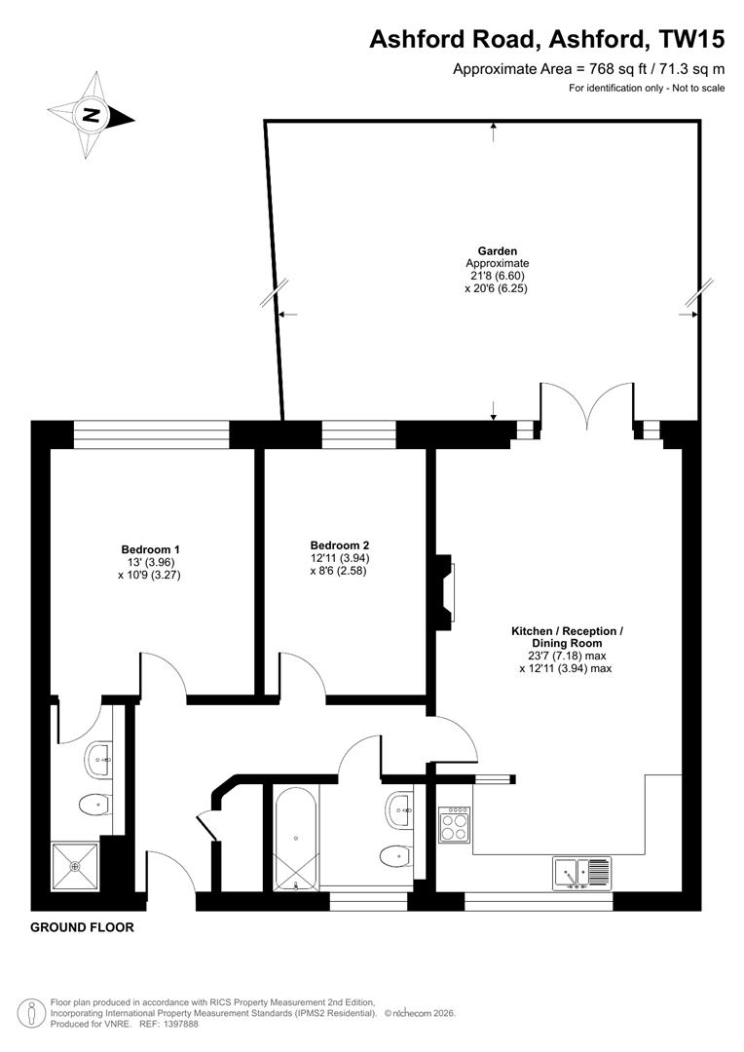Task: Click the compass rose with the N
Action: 91,115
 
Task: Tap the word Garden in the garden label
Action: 497,250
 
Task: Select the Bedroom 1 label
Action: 150,548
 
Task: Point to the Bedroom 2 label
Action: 339,545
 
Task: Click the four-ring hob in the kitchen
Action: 455,826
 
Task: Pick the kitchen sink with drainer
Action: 581,873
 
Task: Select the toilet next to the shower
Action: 93,806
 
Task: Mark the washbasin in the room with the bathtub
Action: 400,808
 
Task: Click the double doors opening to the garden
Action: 588,407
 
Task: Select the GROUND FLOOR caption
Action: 82,927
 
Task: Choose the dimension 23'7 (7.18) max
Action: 567,657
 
